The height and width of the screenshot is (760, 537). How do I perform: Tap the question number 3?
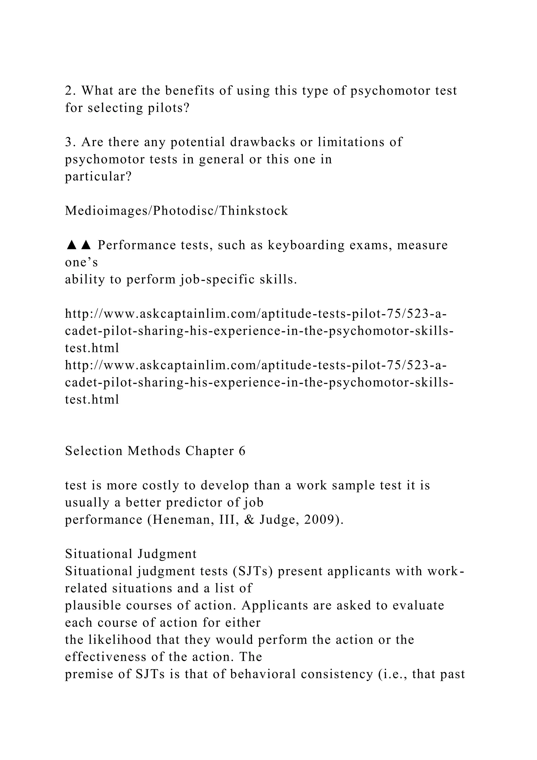pos(68,142)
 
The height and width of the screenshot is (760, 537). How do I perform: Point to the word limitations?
pos(351,142)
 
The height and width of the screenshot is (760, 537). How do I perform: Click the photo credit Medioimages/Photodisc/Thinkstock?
pos(176,211)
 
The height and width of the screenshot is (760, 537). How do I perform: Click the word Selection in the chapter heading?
pos(94,451)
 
